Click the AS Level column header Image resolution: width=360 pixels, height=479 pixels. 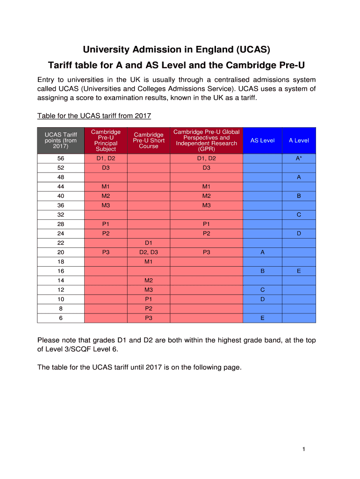[262, 140]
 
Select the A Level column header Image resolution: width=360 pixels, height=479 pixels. [299, 140]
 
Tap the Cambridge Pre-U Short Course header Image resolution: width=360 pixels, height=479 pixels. [149, 140]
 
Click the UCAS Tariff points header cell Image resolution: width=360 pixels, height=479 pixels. [61, 140]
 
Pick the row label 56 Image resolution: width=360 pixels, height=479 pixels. [61, 159]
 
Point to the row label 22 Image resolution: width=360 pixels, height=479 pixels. [61, 243]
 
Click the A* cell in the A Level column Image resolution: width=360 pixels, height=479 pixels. [299, 159]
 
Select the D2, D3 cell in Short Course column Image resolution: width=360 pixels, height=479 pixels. [149, 252]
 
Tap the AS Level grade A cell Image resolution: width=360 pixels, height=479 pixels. [262, 252]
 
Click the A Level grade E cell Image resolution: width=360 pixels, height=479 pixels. [299, 271]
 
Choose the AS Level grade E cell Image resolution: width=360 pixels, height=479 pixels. [262, 318]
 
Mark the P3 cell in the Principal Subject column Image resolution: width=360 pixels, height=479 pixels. [106, 252]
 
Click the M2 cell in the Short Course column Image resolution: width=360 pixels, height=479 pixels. [149, 280]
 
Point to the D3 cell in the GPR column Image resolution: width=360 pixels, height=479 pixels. [206, 168]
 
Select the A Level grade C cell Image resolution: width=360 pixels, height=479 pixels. [299, 215]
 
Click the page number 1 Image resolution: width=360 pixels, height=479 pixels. [303, 450]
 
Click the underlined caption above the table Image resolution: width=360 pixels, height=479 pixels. [94, 116]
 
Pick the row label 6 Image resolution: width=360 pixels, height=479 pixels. [61, 318]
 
